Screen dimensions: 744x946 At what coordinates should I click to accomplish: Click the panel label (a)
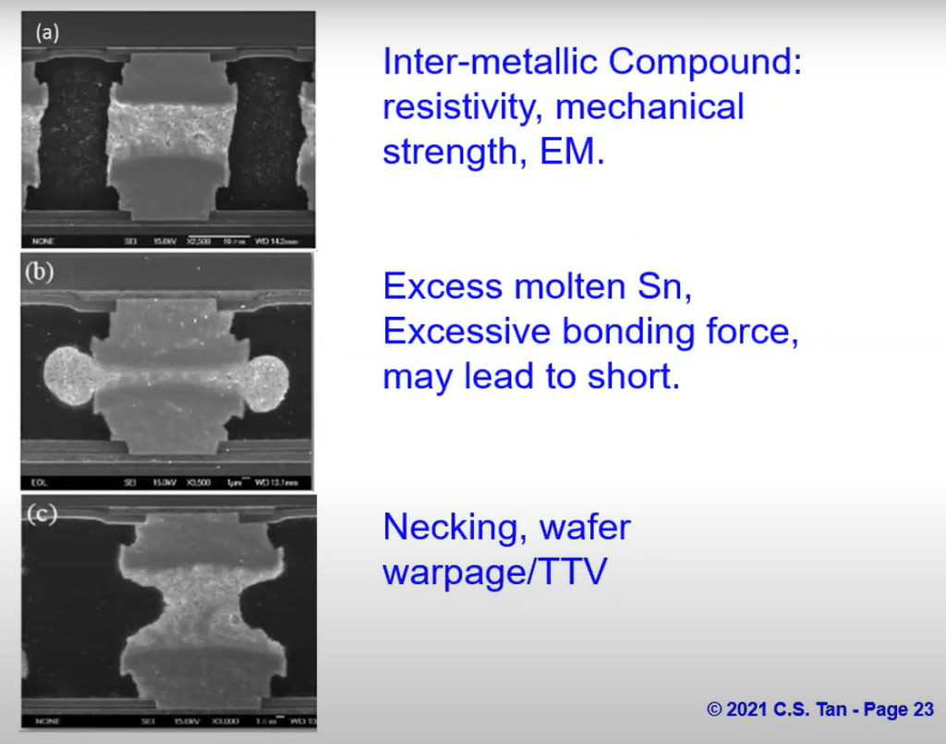pyautogui.click(x=47, y=33)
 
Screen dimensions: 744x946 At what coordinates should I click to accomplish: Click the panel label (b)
pyautogui.click(x=42, y=272)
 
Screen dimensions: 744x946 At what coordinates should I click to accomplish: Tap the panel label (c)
pyautogui.click(x=42, y=514)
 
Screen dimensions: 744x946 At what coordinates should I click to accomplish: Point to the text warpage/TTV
pyautogui.click(x=495, y=572)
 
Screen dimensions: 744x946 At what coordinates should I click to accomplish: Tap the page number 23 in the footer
pyautogui.click(x=922, y=710)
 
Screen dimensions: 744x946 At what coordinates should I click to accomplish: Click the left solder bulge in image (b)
pyautogui.click(x=69, y=378)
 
